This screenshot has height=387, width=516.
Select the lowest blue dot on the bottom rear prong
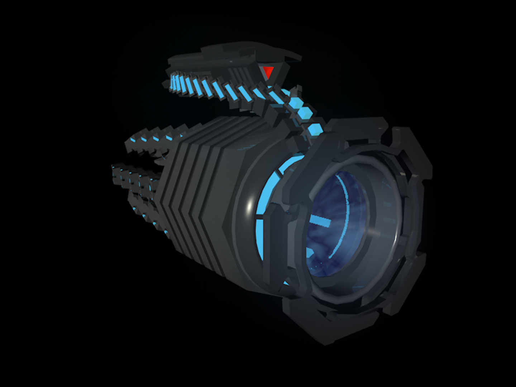[x=166, y=232]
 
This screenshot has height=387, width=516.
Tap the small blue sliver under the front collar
[x=286, y=283]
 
